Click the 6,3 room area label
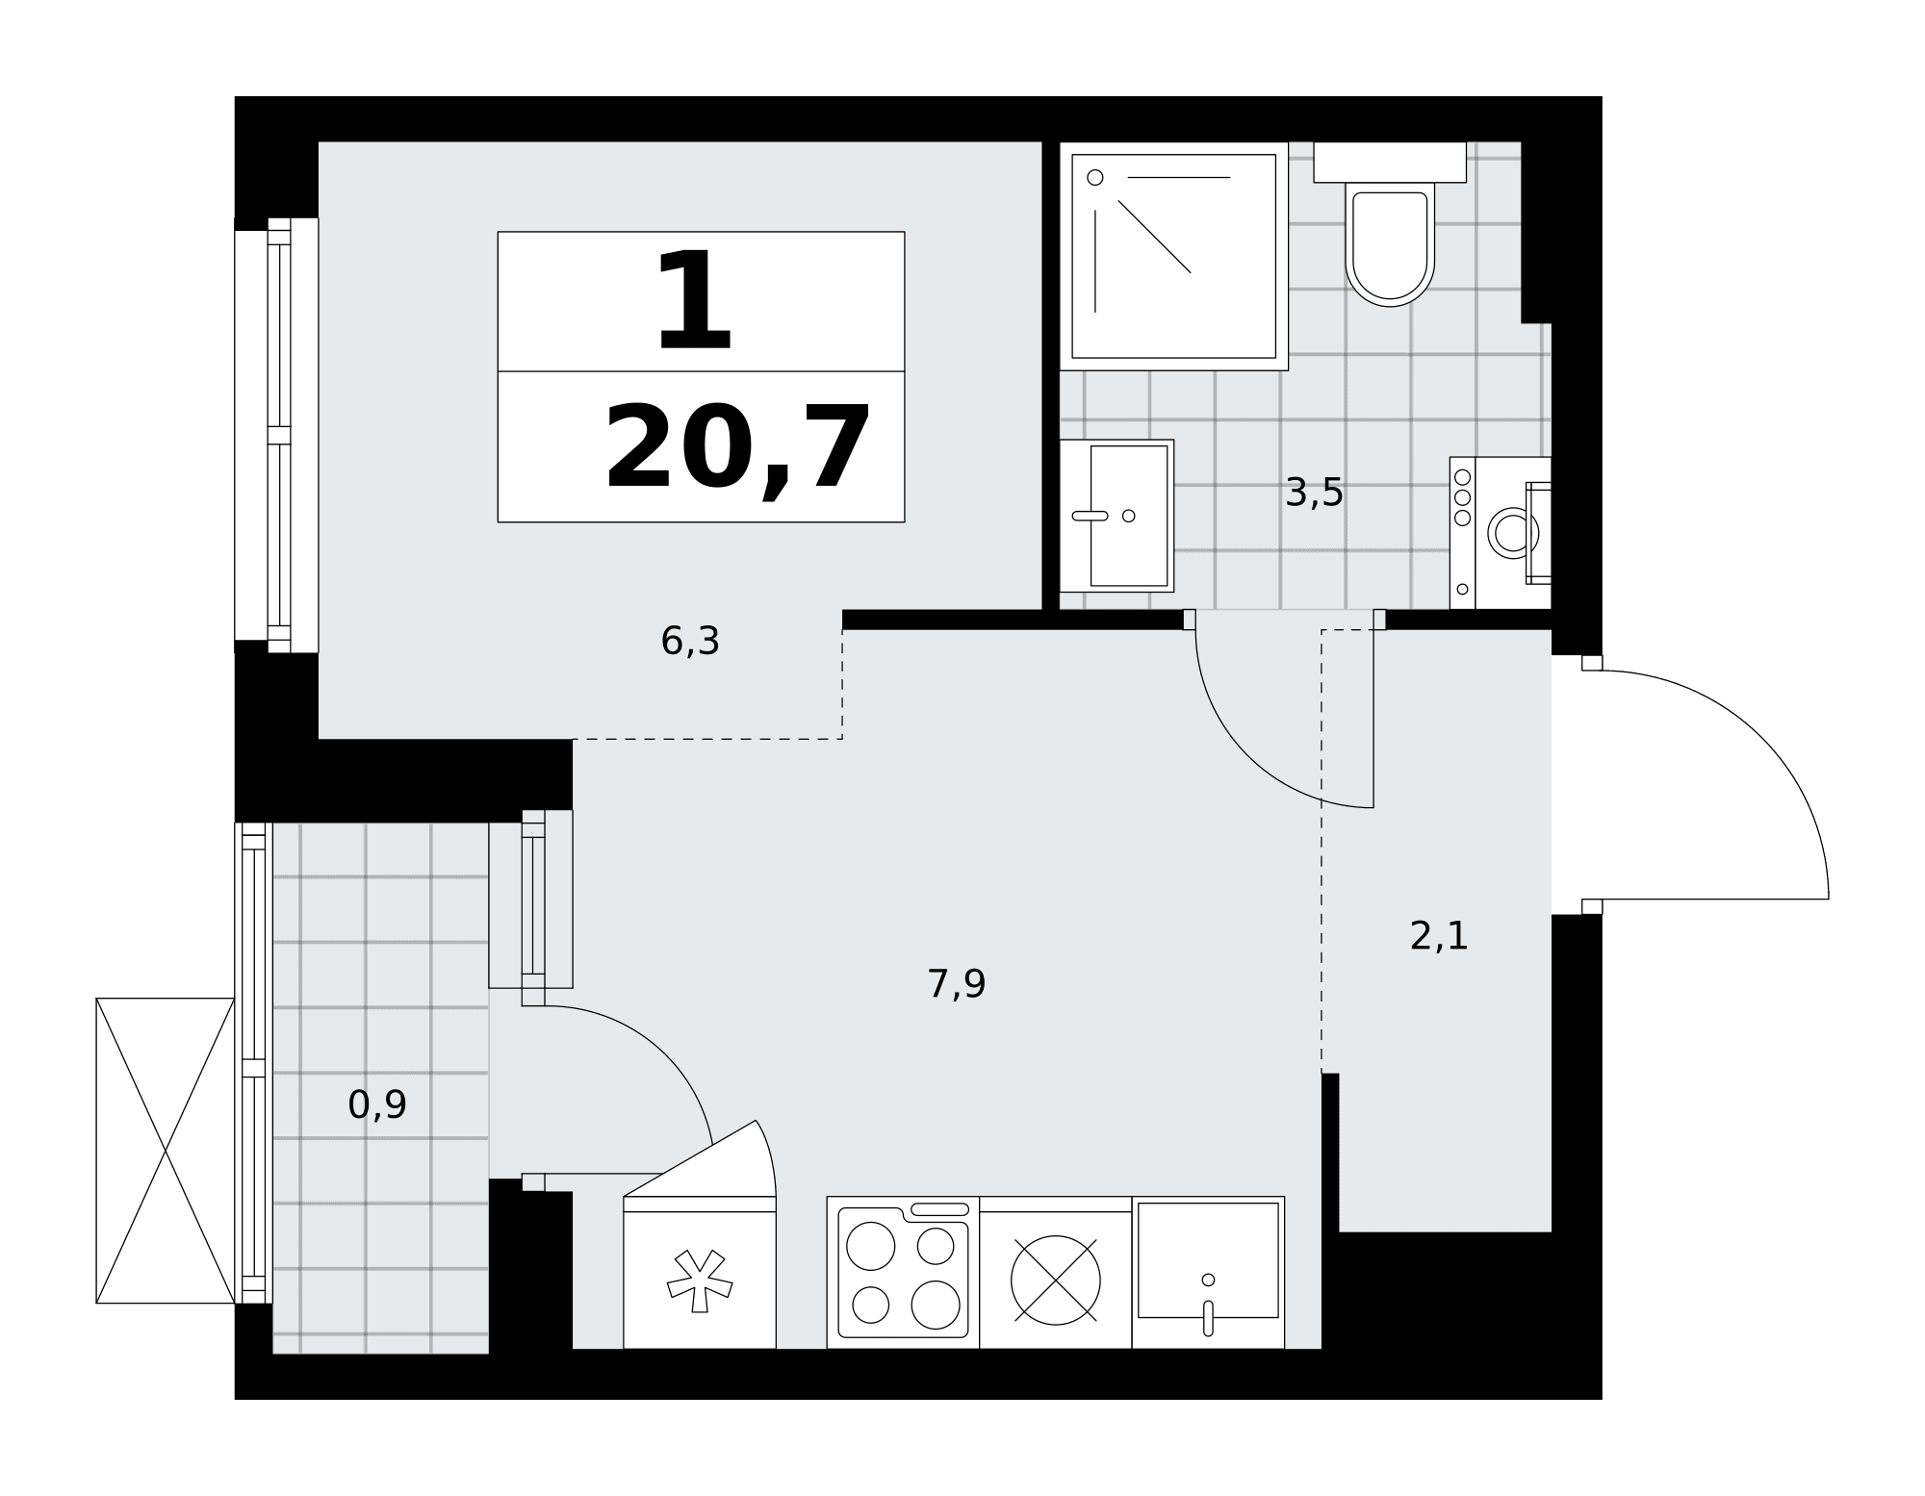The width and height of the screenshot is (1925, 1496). point(690,641)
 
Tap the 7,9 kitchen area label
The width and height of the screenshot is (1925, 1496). point(956,984)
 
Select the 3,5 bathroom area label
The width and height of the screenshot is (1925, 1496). point(1314,493)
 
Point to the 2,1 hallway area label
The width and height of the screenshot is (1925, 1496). point(1439,935)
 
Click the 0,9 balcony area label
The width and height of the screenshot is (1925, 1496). point(377,1104)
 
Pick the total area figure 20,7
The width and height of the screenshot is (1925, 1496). point(737,448)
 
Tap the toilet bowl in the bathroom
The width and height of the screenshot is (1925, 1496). point(1390,244)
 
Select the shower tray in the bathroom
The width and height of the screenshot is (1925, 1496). point(1173,256)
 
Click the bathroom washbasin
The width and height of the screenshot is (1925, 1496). point(1116,516)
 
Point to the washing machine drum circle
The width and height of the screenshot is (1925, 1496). point(1513,532)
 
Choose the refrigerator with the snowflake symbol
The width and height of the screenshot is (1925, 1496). point(700,1272)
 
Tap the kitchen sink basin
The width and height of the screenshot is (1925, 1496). point(1208,1260)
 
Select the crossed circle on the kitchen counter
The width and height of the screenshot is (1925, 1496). point(1056,1280)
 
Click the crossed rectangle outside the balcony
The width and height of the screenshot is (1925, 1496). point(166,1151)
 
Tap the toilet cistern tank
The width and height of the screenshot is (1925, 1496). point(1390,162)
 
